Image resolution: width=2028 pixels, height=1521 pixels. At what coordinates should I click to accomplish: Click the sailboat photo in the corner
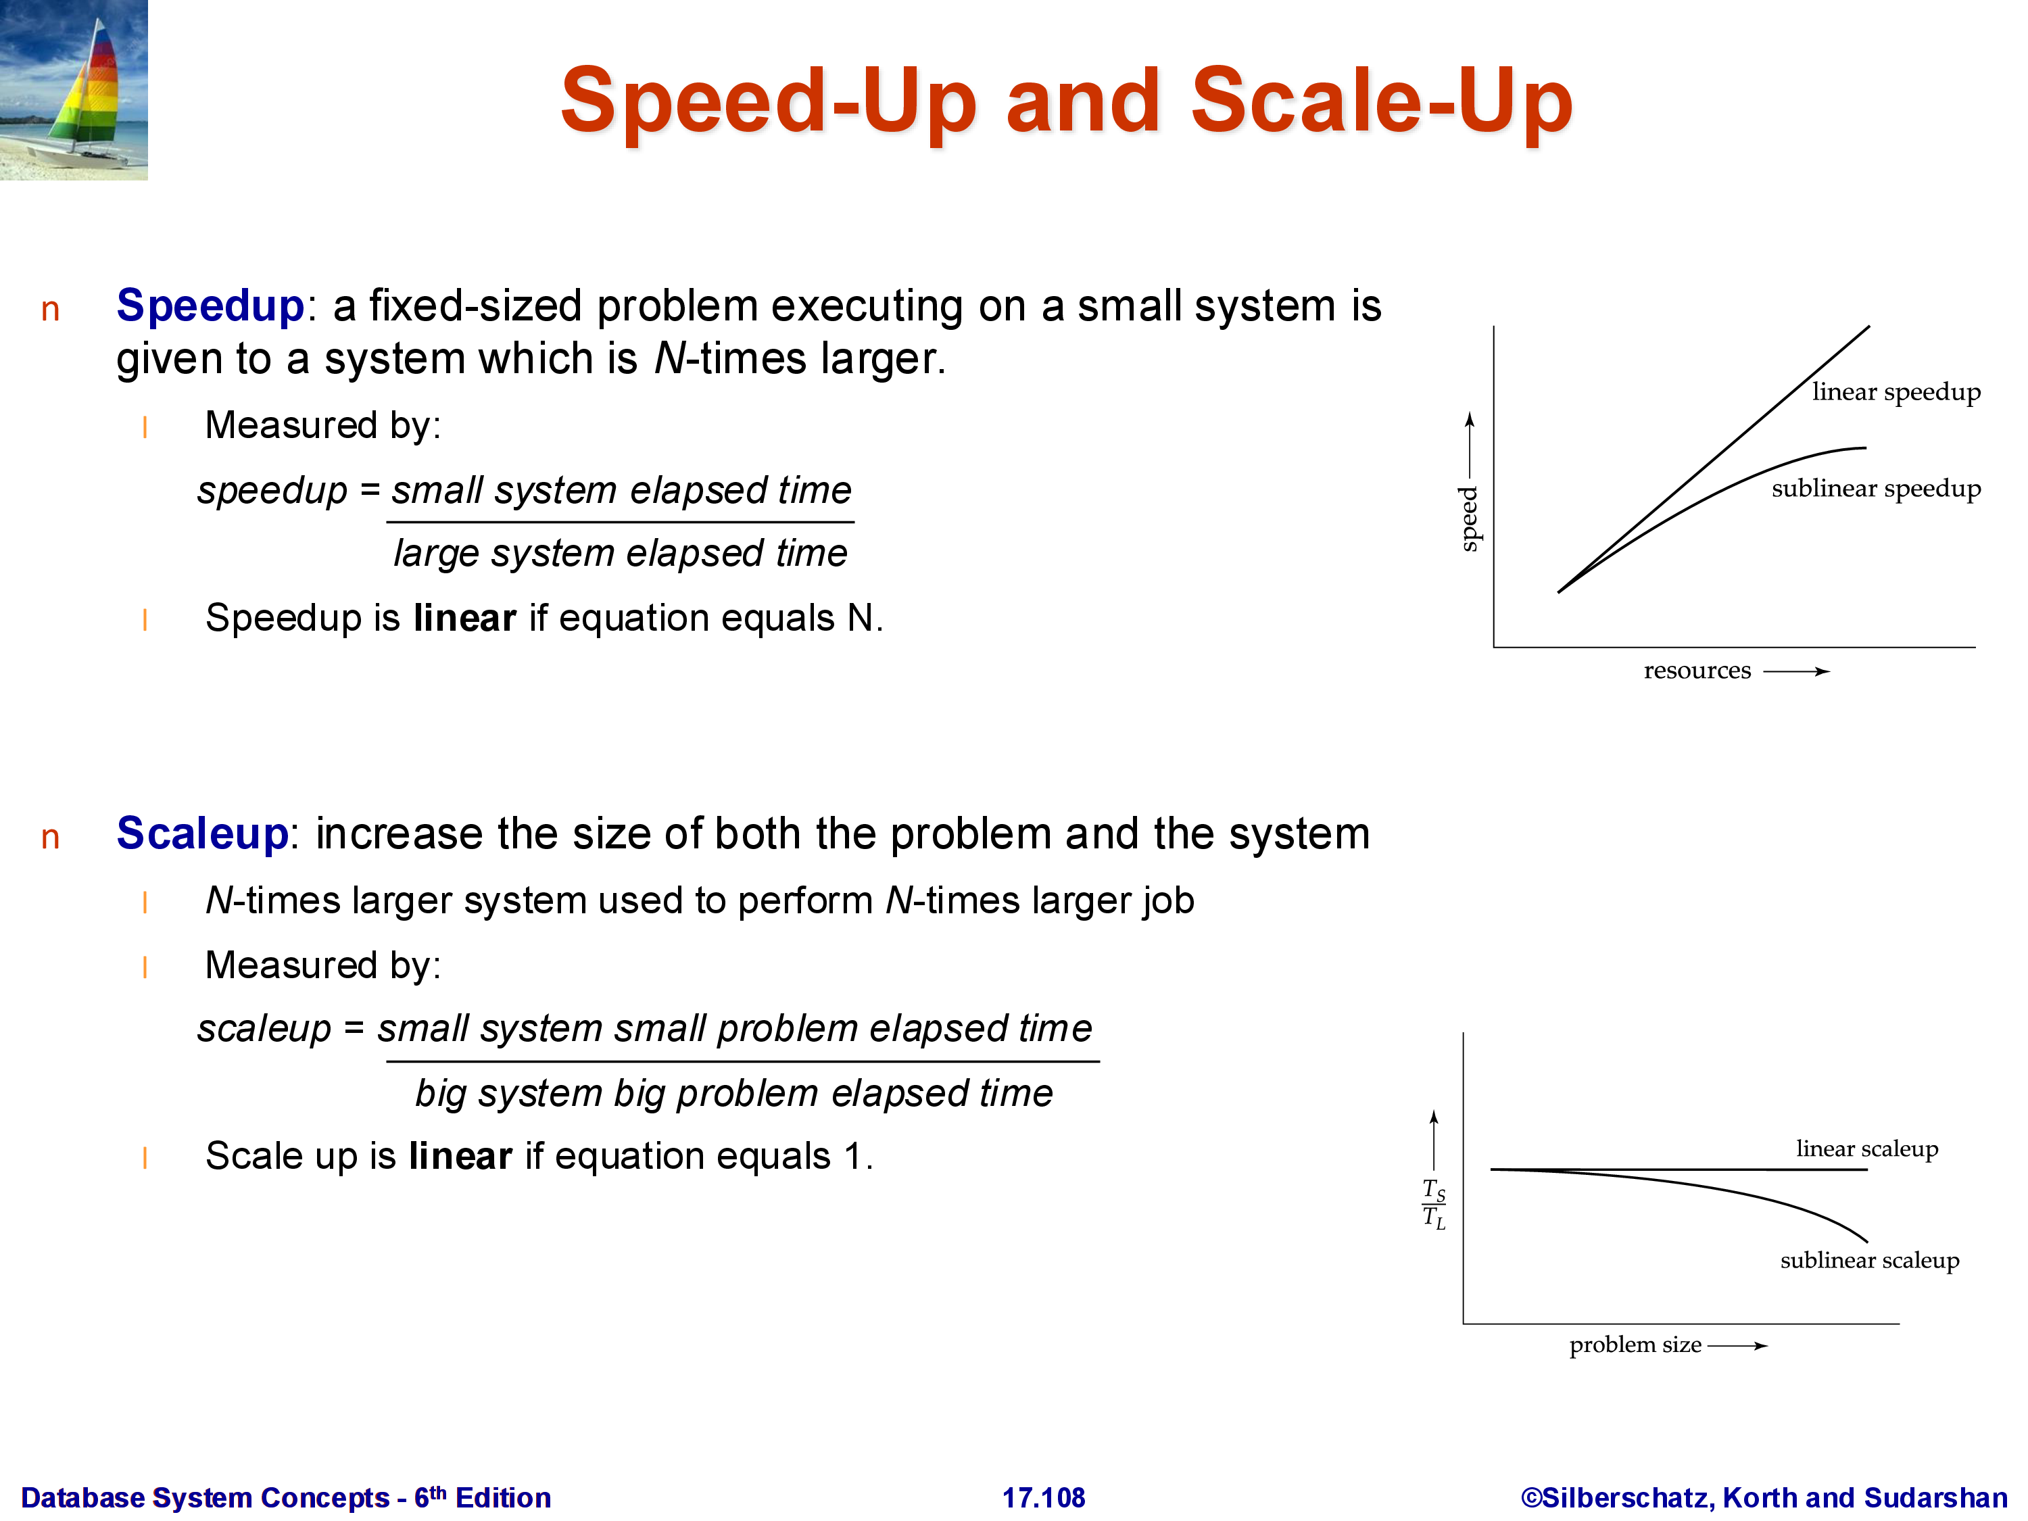[x=73, y=90]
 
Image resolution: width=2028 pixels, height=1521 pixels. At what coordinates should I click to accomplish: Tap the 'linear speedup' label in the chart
[x=1896, y=392]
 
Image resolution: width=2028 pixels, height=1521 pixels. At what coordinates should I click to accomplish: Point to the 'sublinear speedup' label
[x=1876, y=489]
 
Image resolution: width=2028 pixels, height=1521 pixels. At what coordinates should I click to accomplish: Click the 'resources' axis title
[x=1697, y=671]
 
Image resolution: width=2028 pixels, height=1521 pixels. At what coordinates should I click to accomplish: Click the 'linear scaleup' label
[x=1866, y=1149]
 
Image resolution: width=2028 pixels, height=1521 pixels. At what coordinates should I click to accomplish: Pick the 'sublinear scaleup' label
[x=1869, y=1261]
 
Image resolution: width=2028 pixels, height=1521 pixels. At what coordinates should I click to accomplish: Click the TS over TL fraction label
[x=1434, y=1204]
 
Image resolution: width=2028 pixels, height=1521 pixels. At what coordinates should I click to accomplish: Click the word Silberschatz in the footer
[x=1624, y=1498]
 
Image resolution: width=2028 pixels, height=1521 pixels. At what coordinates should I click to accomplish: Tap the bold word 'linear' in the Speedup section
[x=465, y=618]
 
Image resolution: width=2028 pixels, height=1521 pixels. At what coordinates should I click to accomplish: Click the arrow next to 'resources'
[x=1796, y=672]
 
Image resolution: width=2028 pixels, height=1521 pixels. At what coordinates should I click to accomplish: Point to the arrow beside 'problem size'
[x=1737, y=1346]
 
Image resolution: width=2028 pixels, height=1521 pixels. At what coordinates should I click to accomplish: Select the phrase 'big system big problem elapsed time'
[x=734, y=1094]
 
